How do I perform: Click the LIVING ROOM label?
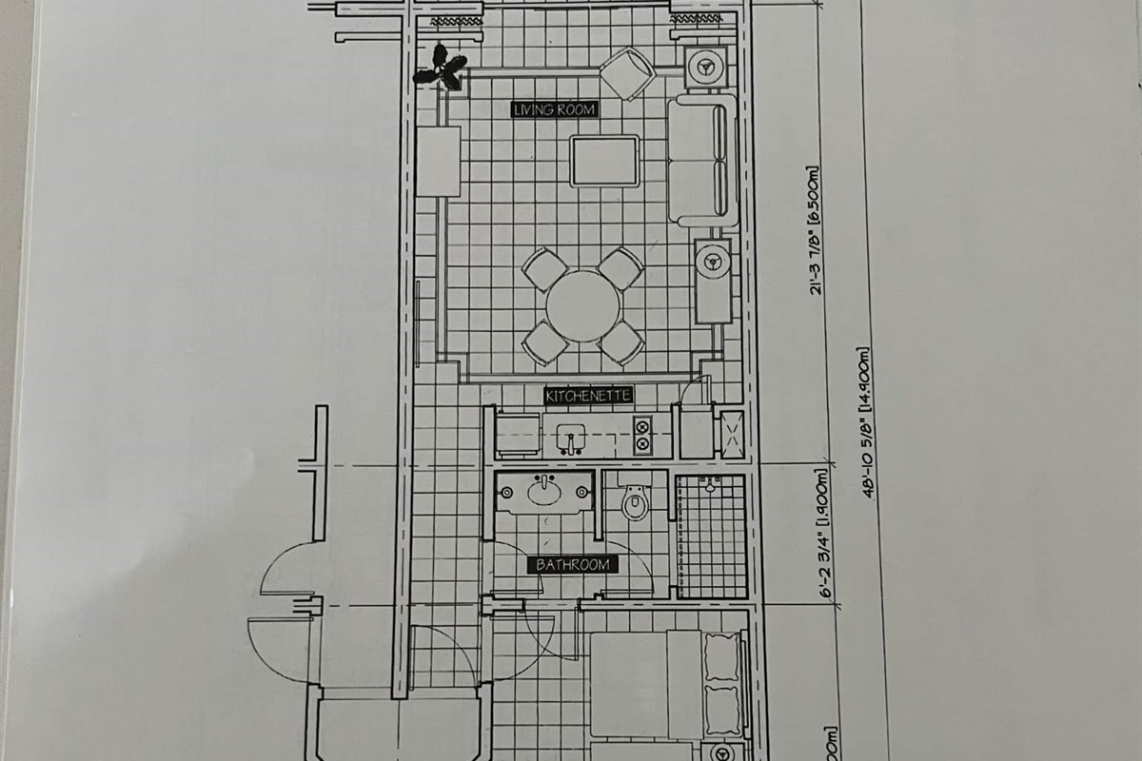click(554, 109)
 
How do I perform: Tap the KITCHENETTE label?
click(588, 395)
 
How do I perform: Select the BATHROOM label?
click(573, 565)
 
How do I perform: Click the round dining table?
click(582, 305)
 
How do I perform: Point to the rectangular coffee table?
click(604, 161)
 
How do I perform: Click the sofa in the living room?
click(702, 160)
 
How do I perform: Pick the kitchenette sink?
click(571, 437)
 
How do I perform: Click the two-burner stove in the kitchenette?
click(642, 436)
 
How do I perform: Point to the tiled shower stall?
click(710, 536)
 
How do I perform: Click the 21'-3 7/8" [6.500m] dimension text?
click(817, 231)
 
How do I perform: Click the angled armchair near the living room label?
click(627, 73)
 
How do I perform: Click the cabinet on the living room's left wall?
click(438, 161)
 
